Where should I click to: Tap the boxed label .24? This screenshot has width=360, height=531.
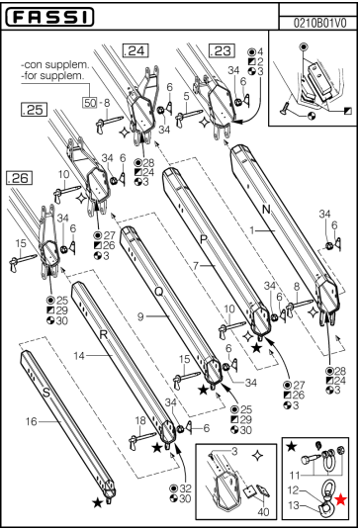[x=133, y=49]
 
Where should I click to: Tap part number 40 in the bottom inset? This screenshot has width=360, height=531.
[x=262, y=511]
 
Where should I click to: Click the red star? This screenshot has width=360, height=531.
[x=341, y=500]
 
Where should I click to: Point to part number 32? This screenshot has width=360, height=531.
[x=186, y=488]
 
